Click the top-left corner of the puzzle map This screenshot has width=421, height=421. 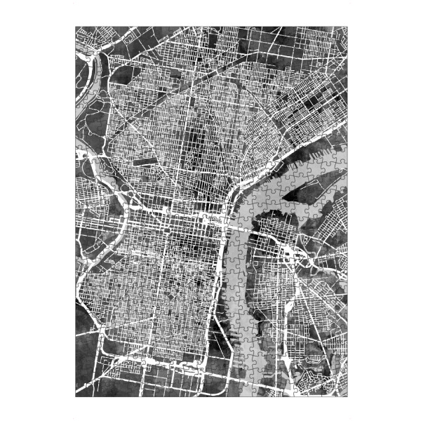pos(76,27)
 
